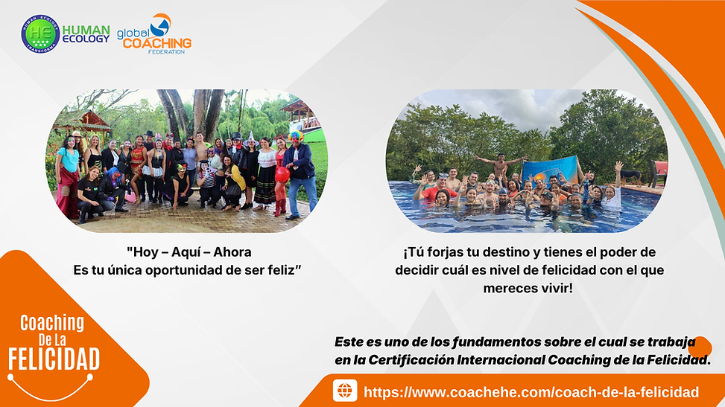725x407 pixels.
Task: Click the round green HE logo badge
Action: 40,33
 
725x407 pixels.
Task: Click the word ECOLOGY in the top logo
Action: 86,39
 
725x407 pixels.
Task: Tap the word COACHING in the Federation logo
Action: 157,43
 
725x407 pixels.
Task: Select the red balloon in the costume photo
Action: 282,174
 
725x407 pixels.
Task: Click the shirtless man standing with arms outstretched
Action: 501,167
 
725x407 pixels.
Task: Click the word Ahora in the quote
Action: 232,251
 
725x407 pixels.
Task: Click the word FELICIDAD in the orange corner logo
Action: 54,359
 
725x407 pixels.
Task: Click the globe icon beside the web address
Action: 344,391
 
